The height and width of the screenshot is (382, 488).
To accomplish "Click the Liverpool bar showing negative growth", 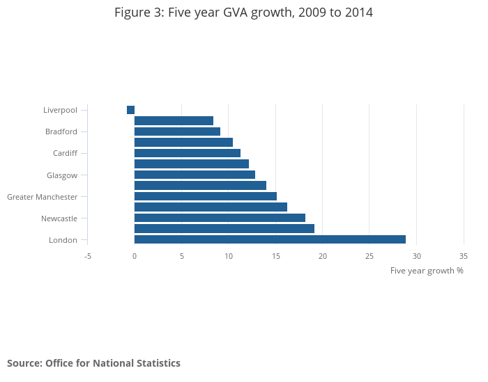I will (130, 110).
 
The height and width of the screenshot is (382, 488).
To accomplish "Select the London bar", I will (270, 239).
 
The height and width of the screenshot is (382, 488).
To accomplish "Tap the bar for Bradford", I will (177, 132).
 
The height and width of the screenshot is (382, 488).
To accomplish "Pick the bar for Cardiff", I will (187, 153).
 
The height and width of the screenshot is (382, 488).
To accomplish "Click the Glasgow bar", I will (195, 175).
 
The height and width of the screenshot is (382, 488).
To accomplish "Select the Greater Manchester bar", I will (205, 196).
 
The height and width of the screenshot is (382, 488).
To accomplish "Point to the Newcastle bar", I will (220, 218).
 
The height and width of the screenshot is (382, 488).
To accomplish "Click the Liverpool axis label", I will (60, 110).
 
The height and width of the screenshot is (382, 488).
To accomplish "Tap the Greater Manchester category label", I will (42, 197).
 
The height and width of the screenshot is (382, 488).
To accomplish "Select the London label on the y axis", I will (63, 240).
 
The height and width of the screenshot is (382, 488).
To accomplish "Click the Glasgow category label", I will (61, 175).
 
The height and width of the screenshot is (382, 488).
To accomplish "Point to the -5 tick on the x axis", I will (88, 256).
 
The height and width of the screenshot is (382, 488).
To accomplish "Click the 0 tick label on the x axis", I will (135, 256).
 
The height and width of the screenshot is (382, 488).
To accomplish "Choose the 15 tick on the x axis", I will (275, 256).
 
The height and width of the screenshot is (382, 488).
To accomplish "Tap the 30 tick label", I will (416, 256).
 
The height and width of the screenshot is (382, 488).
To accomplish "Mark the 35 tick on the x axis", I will (464, 256).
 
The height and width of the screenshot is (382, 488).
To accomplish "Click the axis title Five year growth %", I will (427, 271).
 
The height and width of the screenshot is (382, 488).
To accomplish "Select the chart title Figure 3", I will (244, 13).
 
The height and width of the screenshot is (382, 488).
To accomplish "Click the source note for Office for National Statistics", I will (93, 363).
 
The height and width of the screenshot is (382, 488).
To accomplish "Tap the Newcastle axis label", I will (59, 218).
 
